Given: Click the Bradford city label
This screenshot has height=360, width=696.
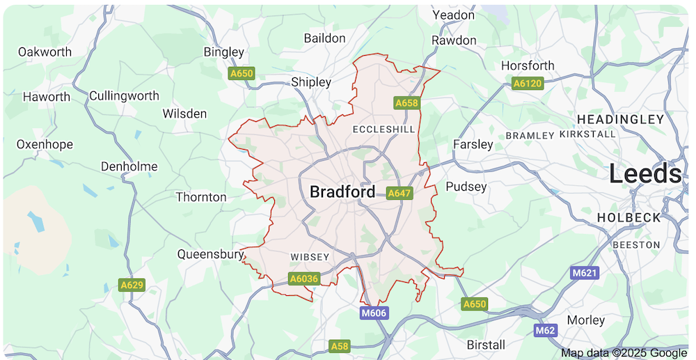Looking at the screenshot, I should (x=342, y=191).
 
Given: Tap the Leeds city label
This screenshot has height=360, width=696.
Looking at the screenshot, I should (x=645, y=173).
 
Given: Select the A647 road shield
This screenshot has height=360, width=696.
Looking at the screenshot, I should (x=400, y=193).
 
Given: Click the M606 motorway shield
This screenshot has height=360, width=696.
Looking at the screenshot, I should (x=374, y=313).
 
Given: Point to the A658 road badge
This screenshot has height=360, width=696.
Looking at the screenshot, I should (x=406, y=103).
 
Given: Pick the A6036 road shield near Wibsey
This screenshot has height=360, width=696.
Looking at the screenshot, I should (x=303, y=279).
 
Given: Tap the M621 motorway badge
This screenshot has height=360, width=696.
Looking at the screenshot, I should (x=585, y=273).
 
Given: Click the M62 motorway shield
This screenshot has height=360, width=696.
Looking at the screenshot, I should (x=545, y=329).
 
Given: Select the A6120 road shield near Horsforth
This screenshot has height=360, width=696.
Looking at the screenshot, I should (x=526, y=84).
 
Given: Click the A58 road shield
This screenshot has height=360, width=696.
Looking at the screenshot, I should (x=339, y=346).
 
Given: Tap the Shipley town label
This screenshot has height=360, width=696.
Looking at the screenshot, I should (x=311, y=82).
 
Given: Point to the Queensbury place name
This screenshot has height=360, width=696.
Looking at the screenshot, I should (x=209, y=254).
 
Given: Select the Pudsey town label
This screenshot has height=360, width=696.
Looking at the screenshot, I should (x=466, y=187).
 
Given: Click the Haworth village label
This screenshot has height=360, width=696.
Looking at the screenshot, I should (x=47, y=97).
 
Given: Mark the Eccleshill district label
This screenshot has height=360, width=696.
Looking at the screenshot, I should (x=383, y=130).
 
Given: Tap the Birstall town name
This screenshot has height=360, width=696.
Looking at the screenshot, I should (x=486, y=345).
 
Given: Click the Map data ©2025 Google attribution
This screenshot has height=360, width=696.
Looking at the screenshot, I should (x=624, y=353).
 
